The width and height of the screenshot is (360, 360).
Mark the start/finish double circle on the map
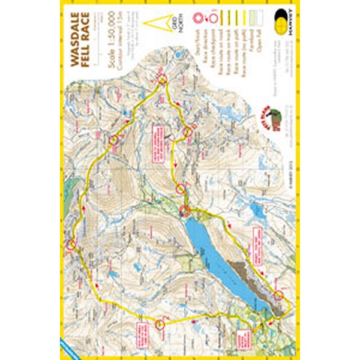tap(185, 210)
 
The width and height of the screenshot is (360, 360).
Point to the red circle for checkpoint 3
tap(71, 244)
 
